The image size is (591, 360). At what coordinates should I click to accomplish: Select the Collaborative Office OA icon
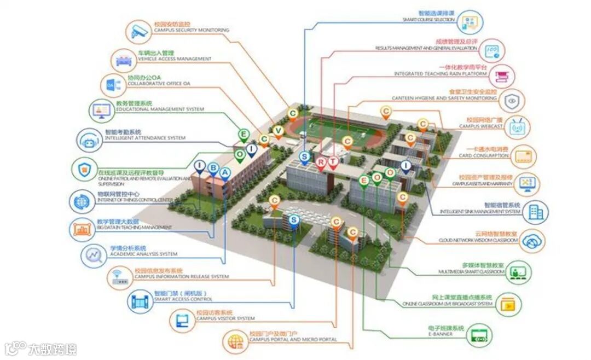coord(112,85)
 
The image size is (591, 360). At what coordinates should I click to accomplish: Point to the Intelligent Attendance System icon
coord(89,141)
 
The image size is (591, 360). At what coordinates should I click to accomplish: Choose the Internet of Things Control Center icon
coord(82,201)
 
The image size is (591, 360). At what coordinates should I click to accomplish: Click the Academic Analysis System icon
coord(94,255)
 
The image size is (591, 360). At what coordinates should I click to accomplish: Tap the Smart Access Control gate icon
coord(140,300)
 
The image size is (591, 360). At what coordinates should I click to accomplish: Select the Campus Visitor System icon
coord(181,321)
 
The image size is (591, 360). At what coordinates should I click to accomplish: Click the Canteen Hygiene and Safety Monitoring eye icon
coord(512,101)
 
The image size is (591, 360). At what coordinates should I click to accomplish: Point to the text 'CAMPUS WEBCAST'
coord(481,126)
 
